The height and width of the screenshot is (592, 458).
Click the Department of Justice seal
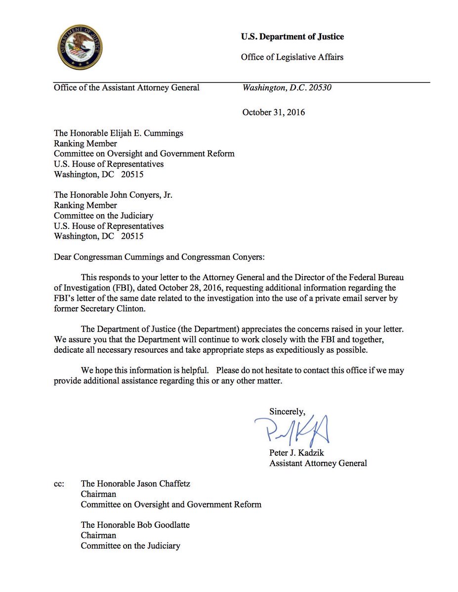tap(80, 47)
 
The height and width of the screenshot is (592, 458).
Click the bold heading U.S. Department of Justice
tap(292, 37)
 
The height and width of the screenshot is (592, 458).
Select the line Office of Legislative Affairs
tap(292, 57)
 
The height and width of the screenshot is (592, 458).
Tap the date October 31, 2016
tap(273, 112)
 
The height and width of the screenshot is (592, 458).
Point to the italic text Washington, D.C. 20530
tap(287, 88)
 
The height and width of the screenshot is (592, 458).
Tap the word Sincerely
tap(287, 411)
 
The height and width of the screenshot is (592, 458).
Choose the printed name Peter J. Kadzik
tap(297, 453)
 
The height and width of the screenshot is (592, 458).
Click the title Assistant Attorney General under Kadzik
tap(318, 463)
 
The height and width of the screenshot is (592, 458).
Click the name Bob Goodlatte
tap(162, 525)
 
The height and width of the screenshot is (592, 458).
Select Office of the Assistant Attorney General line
tap(126, 88)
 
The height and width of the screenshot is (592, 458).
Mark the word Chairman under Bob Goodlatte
tap(98, 535)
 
